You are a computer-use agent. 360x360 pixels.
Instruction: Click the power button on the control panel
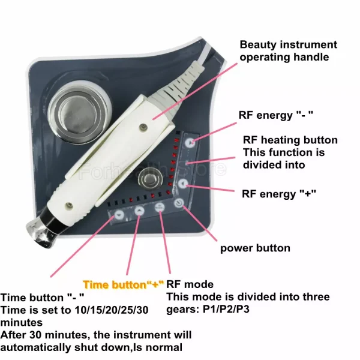[179, 203]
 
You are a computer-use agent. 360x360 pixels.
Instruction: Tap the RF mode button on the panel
[160, 208]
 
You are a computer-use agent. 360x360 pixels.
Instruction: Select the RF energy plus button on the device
[183, 184]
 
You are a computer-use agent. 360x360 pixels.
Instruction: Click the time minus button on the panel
[119, 215]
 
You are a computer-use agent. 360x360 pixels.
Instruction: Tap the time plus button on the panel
[139, 211]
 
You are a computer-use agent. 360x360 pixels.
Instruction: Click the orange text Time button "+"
[124, 284]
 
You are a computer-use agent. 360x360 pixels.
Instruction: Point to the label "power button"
[255, 248]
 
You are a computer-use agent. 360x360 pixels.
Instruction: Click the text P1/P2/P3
[226, 309]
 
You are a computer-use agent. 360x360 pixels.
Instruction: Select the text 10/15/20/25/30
[112, 310]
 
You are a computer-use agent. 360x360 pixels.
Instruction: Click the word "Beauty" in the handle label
[257, 45]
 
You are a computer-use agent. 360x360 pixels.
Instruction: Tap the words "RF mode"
[190, 284]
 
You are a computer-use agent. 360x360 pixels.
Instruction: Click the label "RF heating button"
[290, 140]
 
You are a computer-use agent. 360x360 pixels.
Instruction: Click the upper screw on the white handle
[143, 126]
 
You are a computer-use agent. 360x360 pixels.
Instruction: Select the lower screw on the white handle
[69, 205]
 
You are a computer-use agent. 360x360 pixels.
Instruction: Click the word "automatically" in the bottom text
[35, 347]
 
